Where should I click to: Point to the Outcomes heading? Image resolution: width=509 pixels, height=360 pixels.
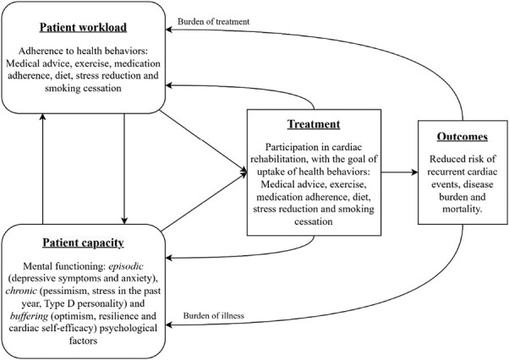pos(459,135)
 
